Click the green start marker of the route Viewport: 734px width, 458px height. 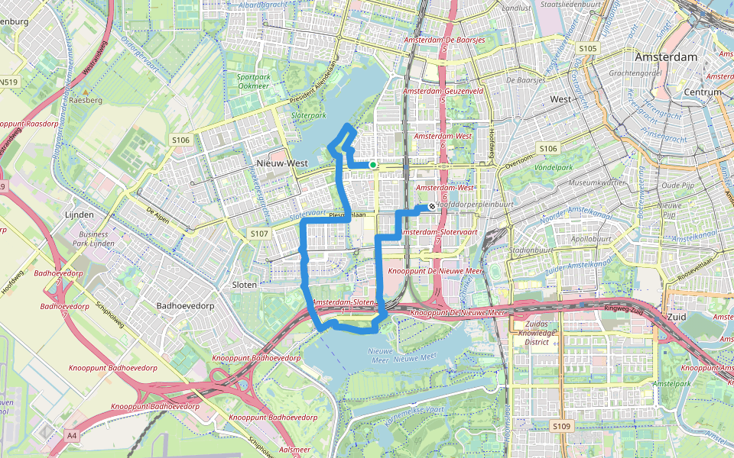[372, 165]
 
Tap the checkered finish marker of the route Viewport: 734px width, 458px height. [432, 205]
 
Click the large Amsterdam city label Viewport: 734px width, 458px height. [666, 57]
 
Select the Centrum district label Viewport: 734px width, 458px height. [703, 92]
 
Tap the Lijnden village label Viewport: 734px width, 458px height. [80, 215]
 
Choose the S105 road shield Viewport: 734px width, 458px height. [587, 48]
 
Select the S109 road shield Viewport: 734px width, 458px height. [561, 426]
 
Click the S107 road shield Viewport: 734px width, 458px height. [259, 233]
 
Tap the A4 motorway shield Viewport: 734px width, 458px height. [72, 435]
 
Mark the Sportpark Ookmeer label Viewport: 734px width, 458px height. [253, 82]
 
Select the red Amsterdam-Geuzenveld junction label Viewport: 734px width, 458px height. [443, 91]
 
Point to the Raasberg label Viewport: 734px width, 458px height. [85, 100]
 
